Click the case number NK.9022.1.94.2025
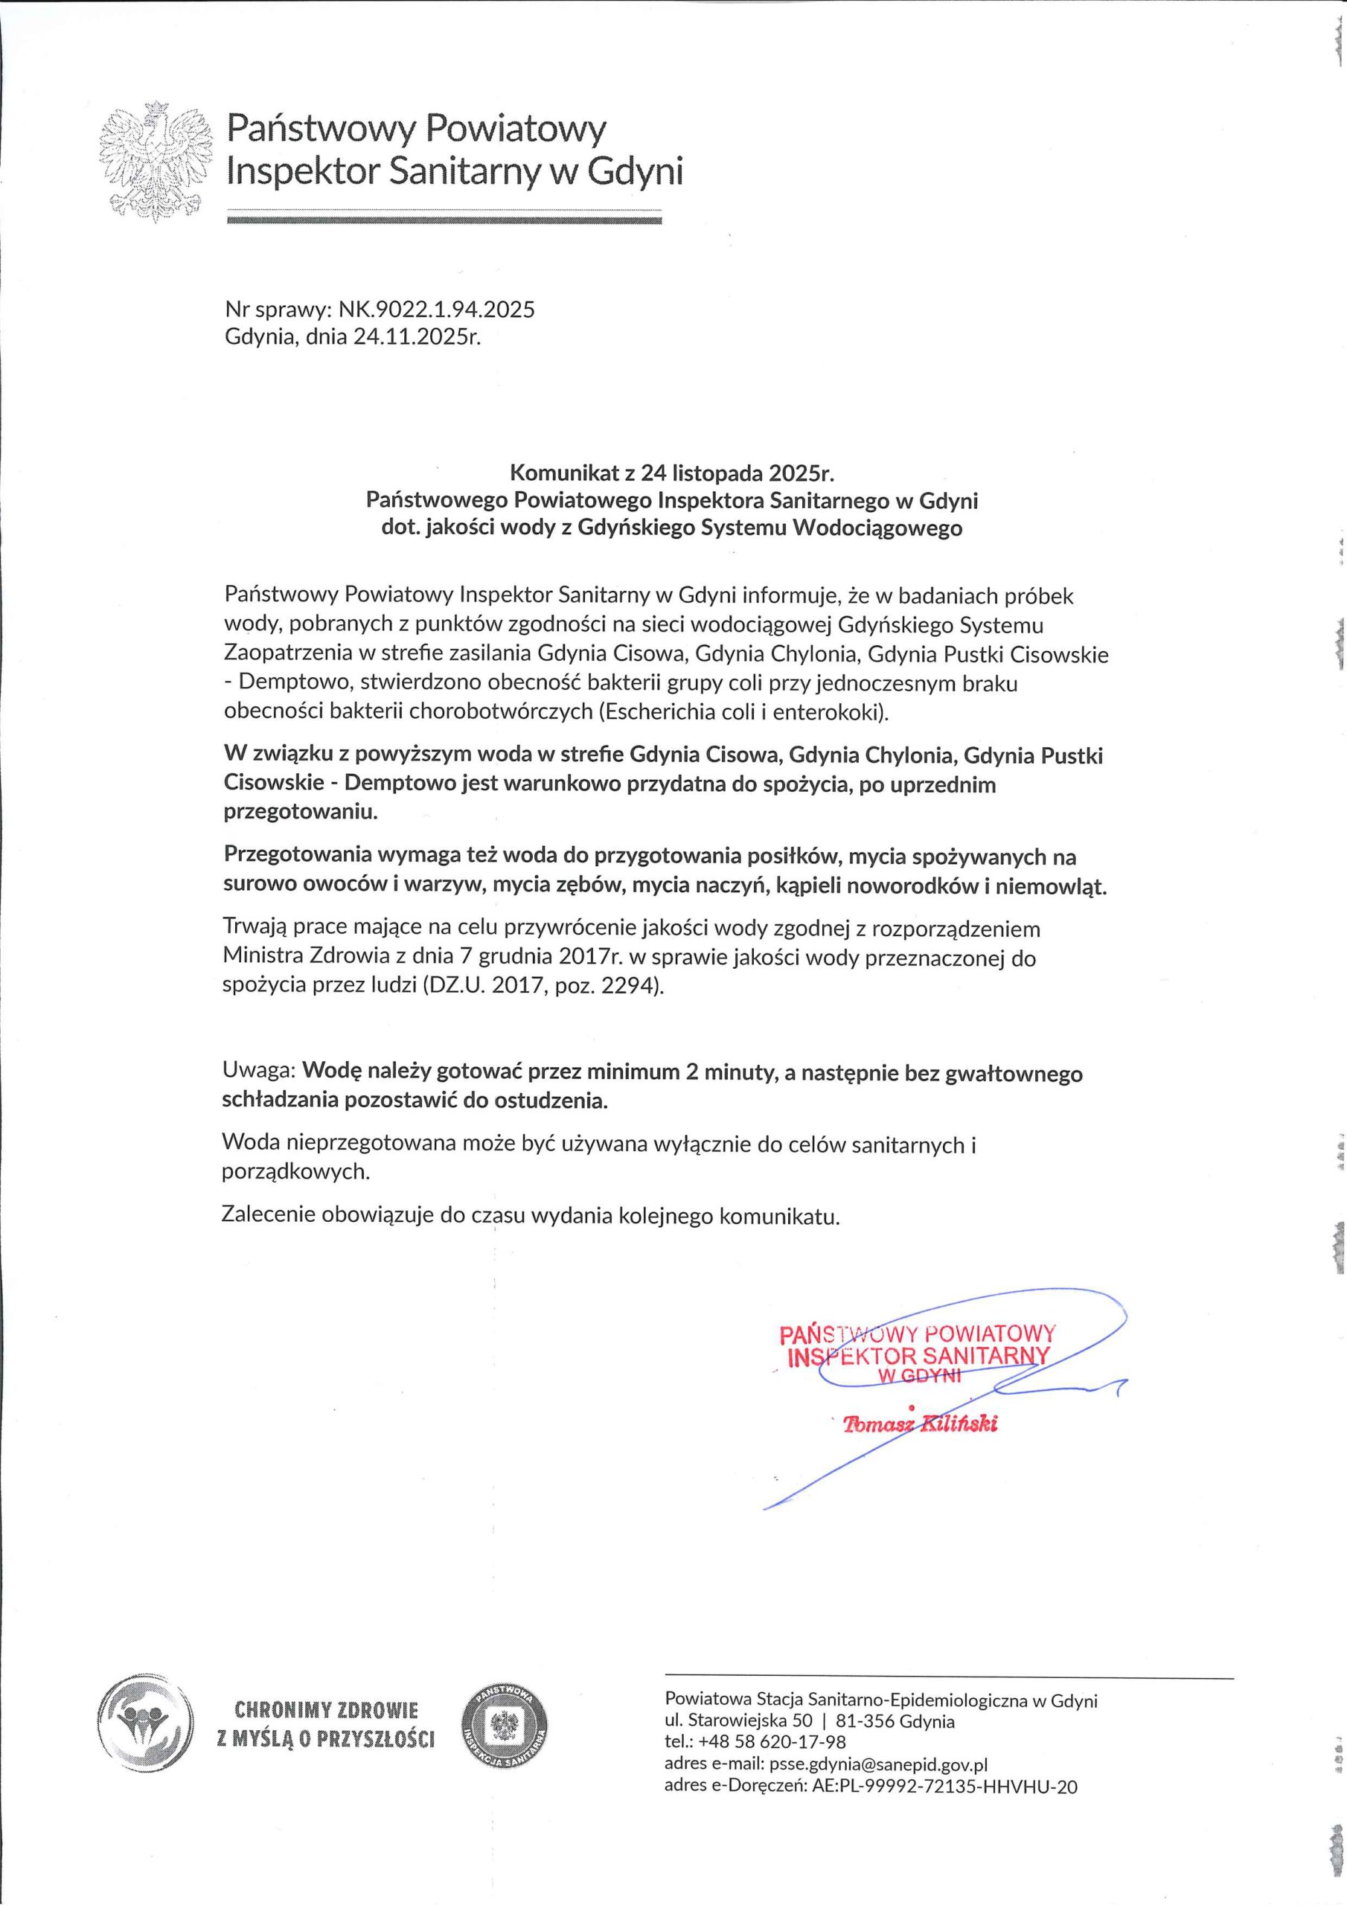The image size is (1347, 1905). click(x=435, y=310)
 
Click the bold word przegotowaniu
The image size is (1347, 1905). click(x=301, y=811)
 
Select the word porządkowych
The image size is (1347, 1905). click(x=295, y=1171)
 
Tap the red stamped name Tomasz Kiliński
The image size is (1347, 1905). click(x=920, y=1424)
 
